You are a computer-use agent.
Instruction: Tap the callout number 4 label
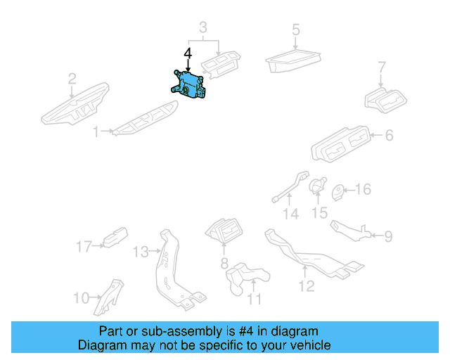pos(187,53)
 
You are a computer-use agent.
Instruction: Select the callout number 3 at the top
pos(203,28)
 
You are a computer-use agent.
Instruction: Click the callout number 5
pos(296,30)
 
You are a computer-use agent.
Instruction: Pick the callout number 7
pos(382,69)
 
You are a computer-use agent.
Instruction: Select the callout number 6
pos(389,136)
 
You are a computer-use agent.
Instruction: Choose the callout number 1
pos(96,131)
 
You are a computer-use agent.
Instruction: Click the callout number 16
pos(363,190)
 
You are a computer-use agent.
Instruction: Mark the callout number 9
pos(388,236)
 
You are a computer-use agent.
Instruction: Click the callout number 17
pos(84,246)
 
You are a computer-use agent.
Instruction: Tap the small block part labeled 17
pos(115,238)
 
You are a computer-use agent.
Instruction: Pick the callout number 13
pos(141,252)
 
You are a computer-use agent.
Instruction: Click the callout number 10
pos(81,298)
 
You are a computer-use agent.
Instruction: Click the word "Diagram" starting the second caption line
pos(101,345)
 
